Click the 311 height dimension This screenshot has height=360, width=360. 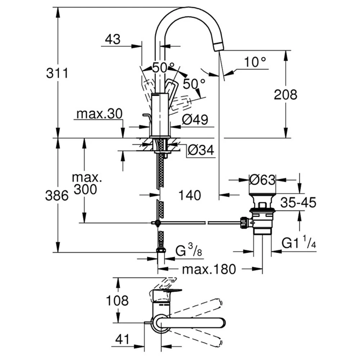(x=57, y=73)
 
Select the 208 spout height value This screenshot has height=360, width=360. (x=285, y=94)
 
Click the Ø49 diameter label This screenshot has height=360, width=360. (x=195, y=120)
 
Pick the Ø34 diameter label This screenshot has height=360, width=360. (x=201, y=150)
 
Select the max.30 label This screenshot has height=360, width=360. (x=99, y=114)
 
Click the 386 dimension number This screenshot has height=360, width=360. (x=57, y=195)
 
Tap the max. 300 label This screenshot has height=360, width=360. (x=85, y=183)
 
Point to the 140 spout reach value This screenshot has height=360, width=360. (x=189, y=195)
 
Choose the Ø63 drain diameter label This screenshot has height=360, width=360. (x=262, y=179)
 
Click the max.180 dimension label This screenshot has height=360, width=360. (x=209, y=269)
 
